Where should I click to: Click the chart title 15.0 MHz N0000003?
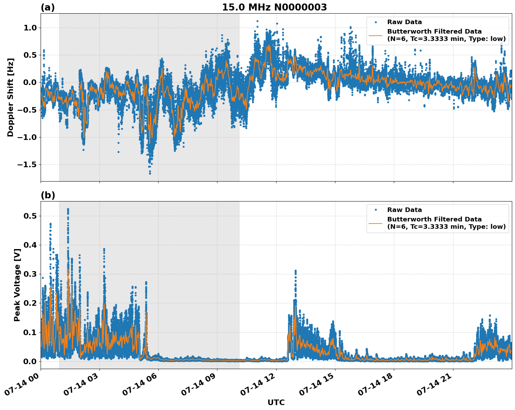(x=274, y=7)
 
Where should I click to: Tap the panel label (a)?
(x=48, y=7)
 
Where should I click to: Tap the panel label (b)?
(x=48, y=195)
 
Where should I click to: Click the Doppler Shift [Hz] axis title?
(x=11, y=97)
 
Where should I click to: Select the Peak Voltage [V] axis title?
(x=17, y=285)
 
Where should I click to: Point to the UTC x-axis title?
(x=276, y=402)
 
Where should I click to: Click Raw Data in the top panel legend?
(x=404, y=22)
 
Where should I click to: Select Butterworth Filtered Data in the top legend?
(x=434, y=31)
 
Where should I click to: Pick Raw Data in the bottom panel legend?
(x=404, y=210)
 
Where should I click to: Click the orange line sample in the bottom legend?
(x=375, y=223)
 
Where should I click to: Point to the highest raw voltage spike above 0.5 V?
(x=68, y=209)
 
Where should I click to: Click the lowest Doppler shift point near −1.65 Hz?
(x=150, y=173)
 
